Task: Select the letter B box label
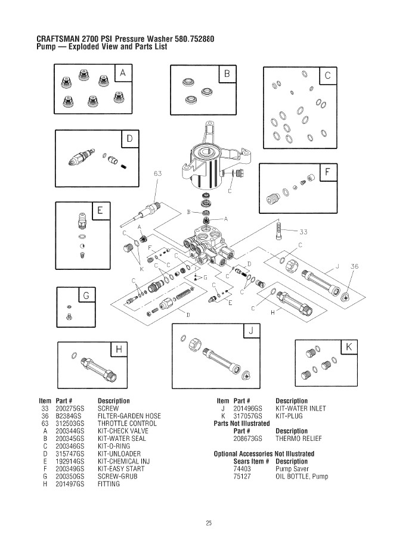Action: [227, 74]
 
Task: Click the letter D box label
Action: [130, 139]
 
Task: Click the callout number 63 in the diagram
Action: [158, 173]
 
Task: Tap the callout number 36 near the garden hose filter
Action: [355, 267]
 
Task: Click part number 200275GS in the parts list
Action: [70, 408]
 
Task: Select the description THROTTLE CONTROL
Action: [126, 423]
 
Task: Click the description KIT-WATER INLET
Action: [301, 408]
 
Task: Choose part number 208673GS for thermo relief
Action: [248, 439]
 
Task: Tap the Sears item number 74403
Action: [241, 469]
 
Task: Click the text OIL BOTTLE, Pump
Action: [301, 477]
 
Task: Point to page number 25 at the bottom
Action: [209, 523]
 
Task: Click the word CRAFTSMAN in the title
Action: [58, 39]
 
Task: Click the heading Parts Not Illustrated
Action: [241, 423]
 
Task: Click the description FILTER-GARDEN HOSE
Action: [129, 416]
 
